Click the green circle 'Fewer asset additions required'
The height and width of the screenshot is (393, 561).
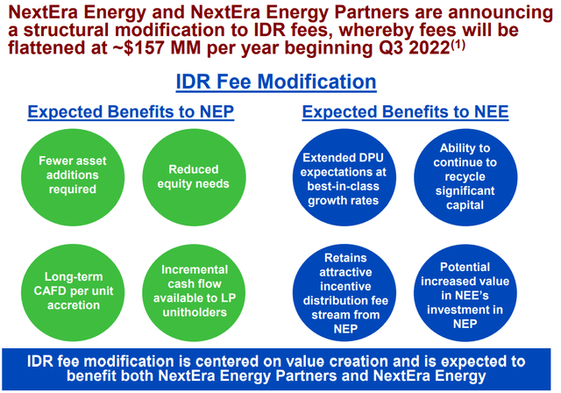pyautogui.click(x=73, y=175)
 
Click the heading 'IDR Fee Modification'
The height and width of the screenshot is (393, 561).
pyautogui.click(x=276, y=82)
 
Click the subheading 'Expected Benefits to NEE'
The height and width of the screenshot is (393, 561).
pyautogui.click(x=405, y=112)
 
